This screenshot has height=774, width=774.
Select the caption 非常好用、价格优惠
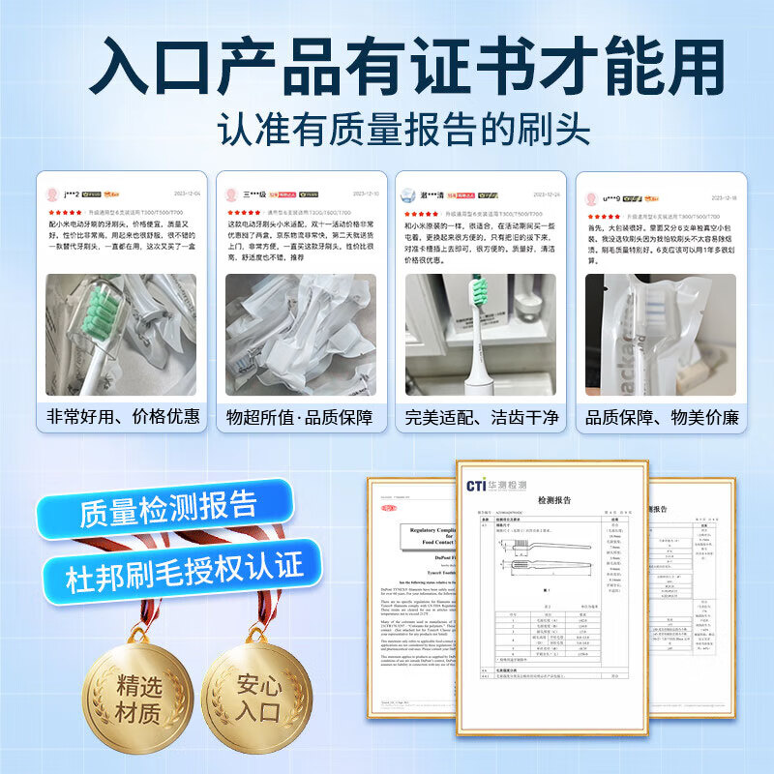click(x=123, y=416)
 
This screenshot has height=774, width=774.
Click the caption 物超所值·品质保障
click(x=302, y=416)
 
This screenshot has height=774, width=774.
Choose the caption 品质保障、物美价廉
click(x=661, y=416)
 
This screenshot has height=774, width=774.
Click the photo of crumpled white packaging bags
click(x=302, y=334)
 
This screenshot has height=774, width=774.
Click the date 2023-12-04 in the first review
click(x=185, y=193)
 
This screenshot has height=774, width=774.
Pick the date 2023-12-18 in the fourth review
click(x=722, y=197)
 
